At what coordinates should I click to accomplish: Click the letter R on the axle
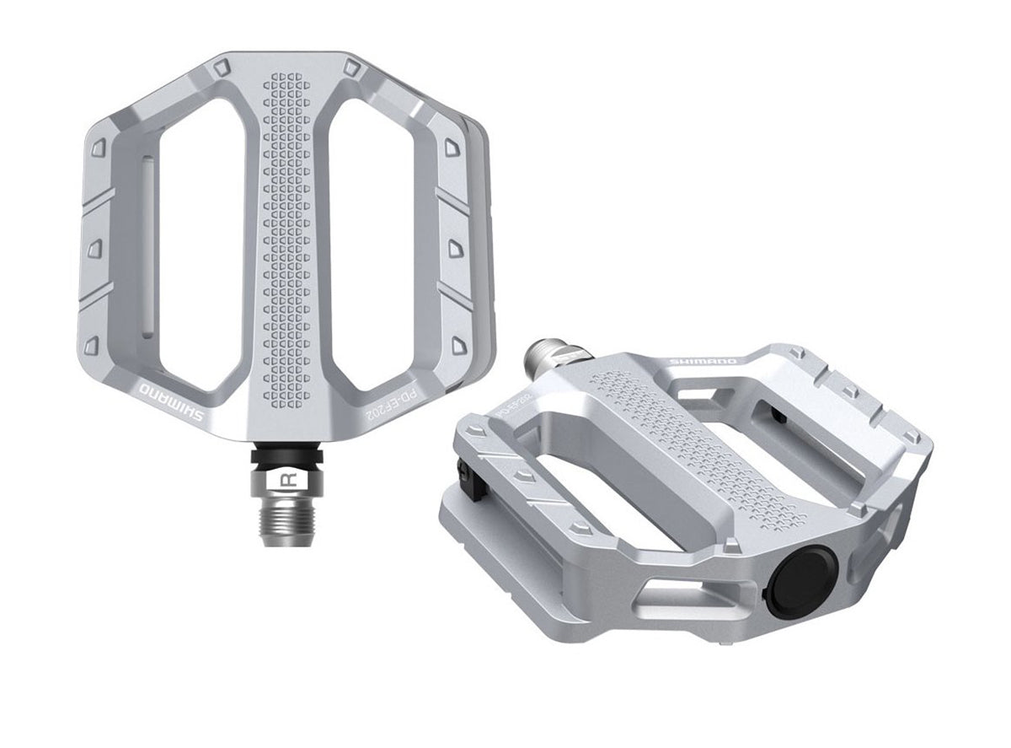pyautogui.click(x=286, y=482)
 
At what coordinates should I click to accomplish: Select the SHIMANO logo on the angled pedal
pyautogui.click(x=702, y=362)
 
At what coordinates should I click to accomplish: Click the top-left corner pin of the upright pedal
pyautogui.click(x=220, y=68)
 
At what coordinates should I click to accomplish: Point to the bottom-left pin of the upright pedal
pyautogui.click(x=94, y=345)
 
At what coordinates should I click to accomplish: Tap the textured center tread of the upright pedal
pyautogui.click(x=286, y=236)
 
